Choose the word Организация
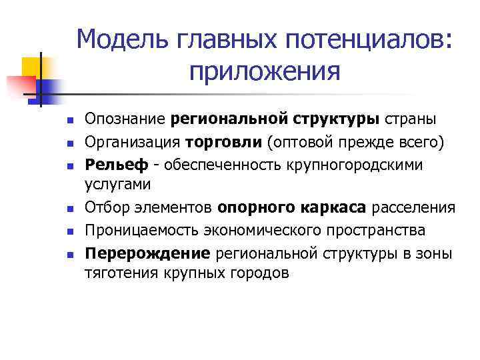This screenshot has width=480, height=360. point(132,141)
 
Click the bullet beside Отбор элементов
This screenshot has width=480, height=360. point(69,209)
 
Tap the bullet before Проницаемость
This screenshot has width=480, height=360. point(69,231)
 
